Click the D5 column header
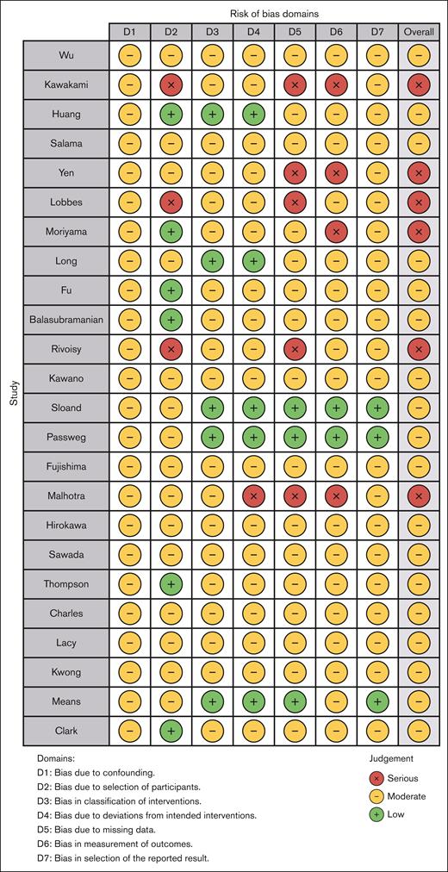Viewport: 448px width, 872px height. point(296,32)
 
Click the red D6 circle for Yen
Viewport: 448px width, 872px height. point(337,173)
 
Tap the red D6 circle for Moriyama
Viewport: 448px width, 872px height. point(337,232)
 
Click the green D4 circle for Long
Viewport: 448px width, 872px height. point(254,261)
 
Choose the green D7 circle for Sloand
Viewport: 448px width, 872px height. point(378,408)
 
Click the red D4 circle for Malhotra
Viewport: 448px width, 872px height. point(254,495)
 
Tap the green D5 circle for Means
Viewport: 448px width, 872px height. point(296,701)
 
